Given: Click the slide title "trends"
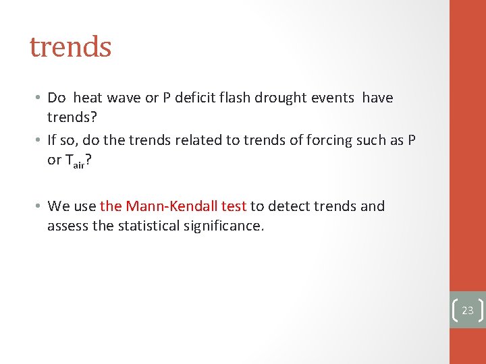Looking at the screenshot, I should pyautogui.click(x=70, y=47).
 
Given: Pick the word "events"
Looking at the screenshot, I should pyautogui.click(x=333, y=98).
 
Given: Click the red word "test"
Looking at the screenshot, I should pyautogui.click(x=234, y=206).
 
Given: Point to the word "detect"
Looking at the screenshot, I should pyautogui.click(x=288, y=206).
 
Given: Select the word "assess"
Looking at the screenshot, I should pyautogui.click(x=67, y=226).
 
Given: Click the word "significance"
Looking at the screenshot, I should pyautogui.click(x=225, y=226).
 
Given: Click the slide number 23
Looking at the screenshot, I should pyautogui.click(x=468, y=311).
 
